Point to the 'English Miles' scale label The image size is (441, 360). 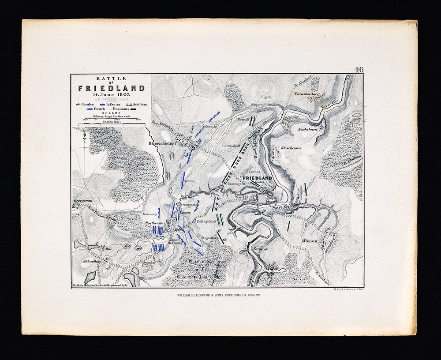[111, 122]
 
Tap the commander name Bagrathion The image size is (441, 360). [208, 237]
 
